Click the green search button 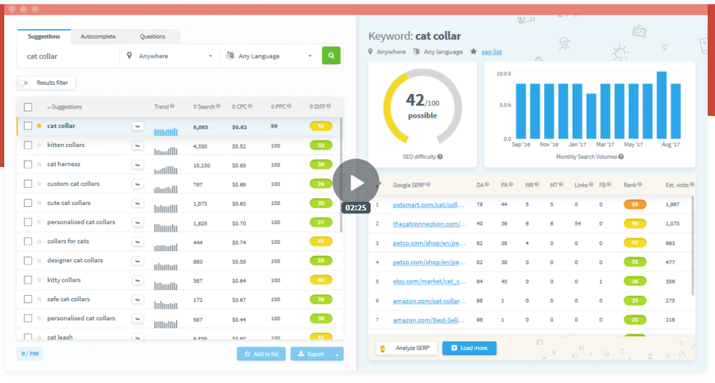331,55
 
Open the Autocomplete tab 98,37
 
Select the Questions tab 153,37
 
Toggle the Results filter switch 24,83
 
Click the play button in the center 356,182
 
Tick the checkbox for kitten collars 28,145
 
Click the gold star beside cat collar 39,126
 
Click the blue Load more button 469,348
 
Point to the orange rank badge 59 634,205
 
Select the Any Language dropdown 269,56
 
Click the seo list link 492,52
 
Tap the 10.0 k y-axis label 503,74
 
